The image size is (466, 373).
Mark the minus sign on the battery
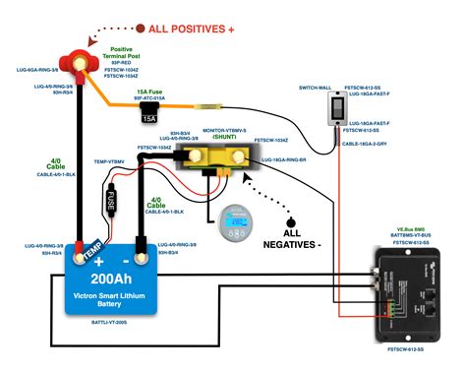(x=149, y=260)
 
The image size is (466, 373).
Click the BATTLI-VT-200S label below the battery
(x=115, y=323)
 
